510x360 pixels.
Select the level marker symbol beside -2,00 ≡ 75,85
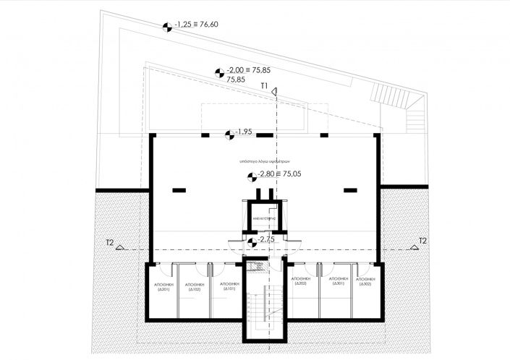coord(218,71)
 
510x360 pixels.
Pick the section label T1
coord(265,86)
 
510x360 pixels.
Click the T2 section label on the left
coord(110,241)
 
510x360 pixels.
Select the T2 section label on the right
coord(423,241)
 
